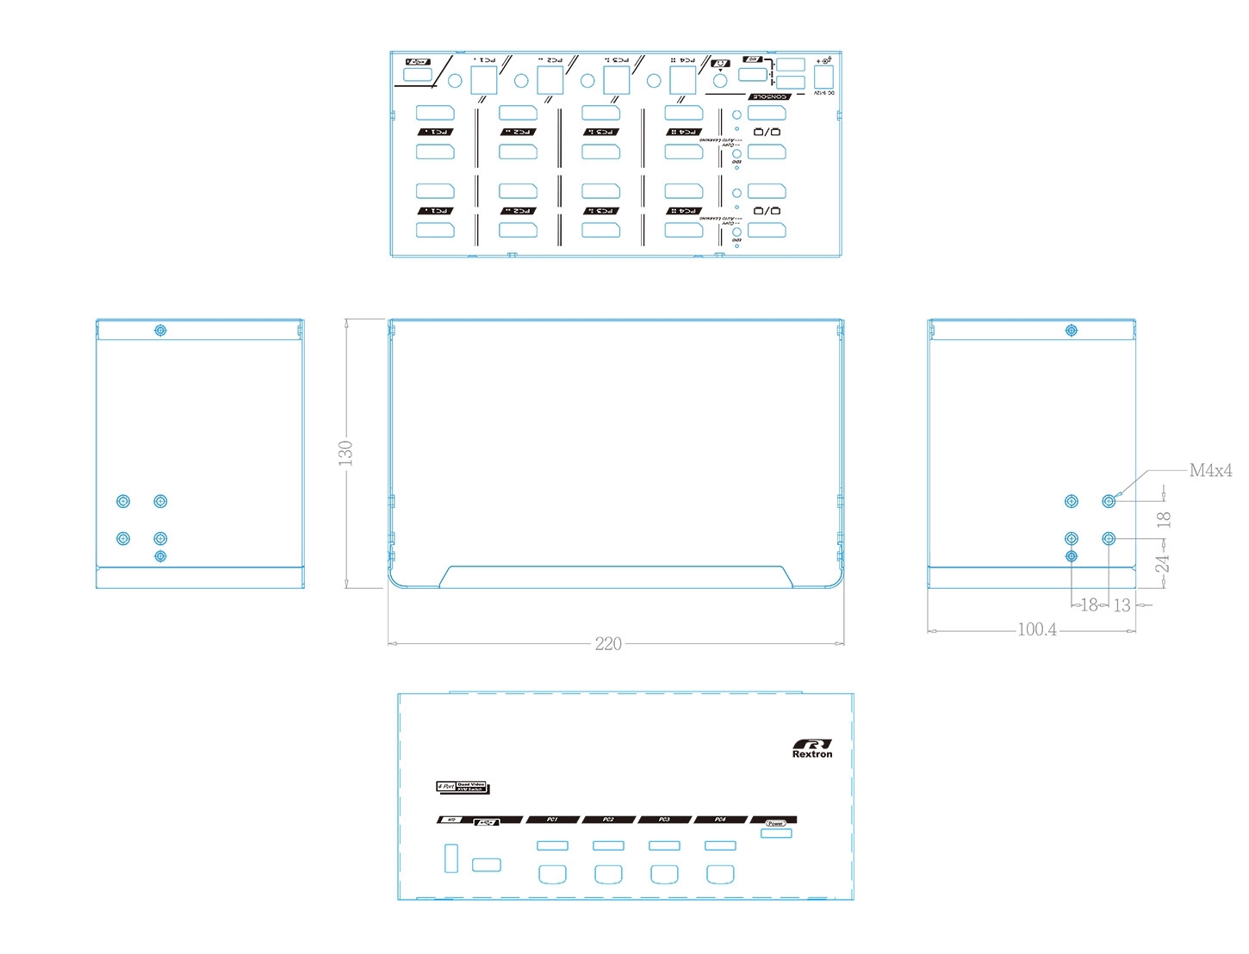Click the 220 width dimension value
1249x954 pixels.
(608, 644)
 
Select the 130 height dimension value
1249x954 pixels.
(345, 453)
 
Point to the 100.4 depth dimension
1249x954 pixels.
(1037, 629)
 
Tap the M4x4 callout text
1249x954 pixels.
(1210, 470)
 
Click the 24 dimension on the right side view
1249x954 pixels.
(1163, 563)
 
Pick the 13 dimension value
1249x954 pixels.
(1122, 605)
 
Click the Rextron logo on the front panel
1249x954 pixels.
(812, 748)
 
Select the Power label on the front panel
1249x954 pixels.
(775, 822)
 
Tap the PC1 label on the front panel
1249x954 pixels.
(552, 820)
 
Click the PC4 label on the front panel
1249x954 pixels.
(720, 820)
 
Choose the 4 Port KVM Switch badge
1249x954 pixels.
(462, 787)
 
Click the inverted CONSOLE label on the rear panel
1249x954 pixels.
(768, 96)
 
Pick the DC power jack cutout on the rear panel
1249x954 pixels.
(823, 76)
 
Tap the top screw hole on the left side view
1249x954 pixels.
(160, 331)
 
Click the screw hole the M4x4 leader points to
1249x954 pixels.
(1109, 501)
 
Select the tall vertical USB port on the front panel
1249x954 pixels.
(451, 858)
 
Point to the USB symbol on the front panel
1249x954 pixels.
(487, 821)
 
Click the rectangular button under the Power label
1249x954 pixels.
(777, 833)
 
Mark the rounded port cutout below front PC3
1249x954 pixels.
(664, 874)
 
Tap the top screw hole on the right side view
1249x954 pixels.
(1071, 331)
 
